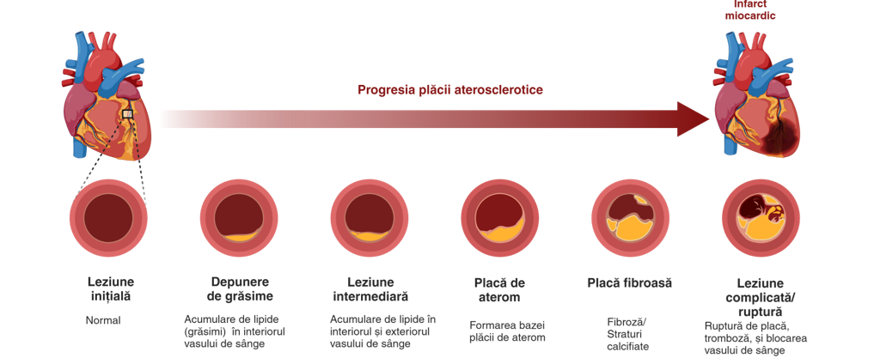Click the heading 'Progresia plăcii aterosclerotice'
449,90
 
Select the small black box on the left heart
127,114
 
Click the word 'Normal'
103,321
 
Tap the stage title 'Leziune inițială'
111,289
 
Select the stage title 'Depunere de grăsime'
240,289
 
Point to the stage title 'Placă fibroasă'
629,283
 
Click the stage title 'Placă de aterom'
499,290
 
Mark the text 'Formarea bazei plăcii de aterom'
507,331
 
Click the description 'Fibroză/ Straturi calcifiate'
627,334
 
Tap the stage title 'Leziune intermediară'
370,289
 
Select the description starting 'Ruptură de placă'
755,338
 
